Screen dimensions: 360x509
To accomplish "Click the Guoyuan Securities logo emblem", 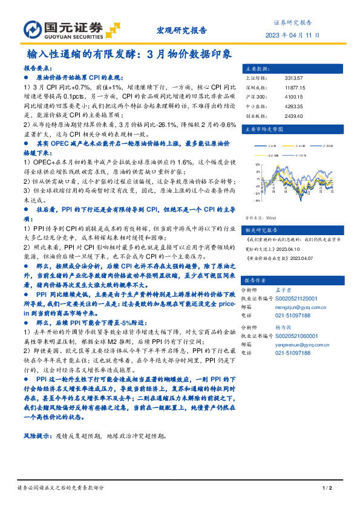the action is (33, 29).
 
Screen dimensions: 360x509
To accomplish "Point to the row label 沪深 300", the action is (256, 96).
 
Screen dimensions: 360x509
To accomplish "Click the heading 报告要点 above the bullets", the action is (38, 69).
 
